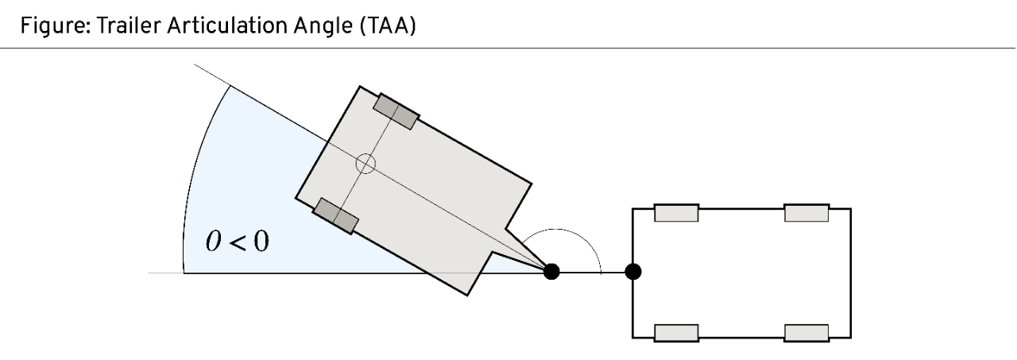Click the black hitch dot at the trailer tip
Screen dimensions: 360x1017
(x=551, y=272)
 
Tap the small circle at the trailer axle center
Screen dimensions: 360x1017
(x=365, y=164)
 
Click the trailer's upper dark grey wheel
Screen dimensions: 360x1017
(x=396, y=111)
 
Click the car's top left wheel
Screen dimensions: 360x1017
(x=676, y=213)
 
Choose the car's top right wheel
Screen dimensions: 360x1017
(x=806, y=213)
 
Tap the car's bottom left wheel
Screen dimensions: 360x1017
(x=676, y=331)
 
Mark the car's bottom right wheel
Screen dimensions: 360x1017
(x=806, y=331)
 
